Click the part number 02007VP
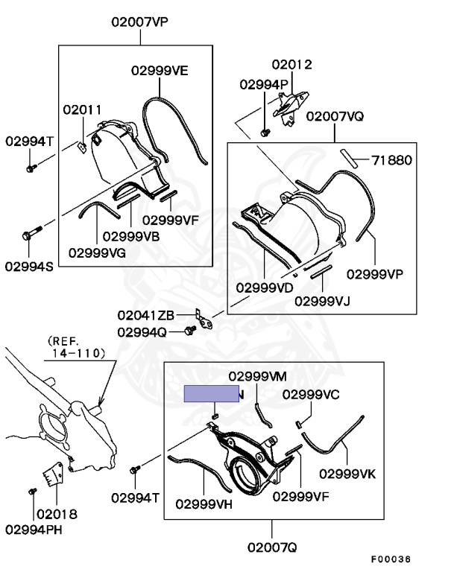140,22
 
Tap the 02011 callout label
82,109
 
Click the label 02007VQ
335,117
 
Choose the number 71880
392,159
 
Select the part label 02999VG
97,252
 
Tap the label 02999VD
265,287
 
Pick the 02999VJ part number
322,301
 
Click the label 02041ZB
145,315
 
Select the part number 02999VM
257,375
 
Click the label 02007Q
272,547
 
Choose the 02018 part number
57,514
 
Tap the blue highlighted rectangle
211,394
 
